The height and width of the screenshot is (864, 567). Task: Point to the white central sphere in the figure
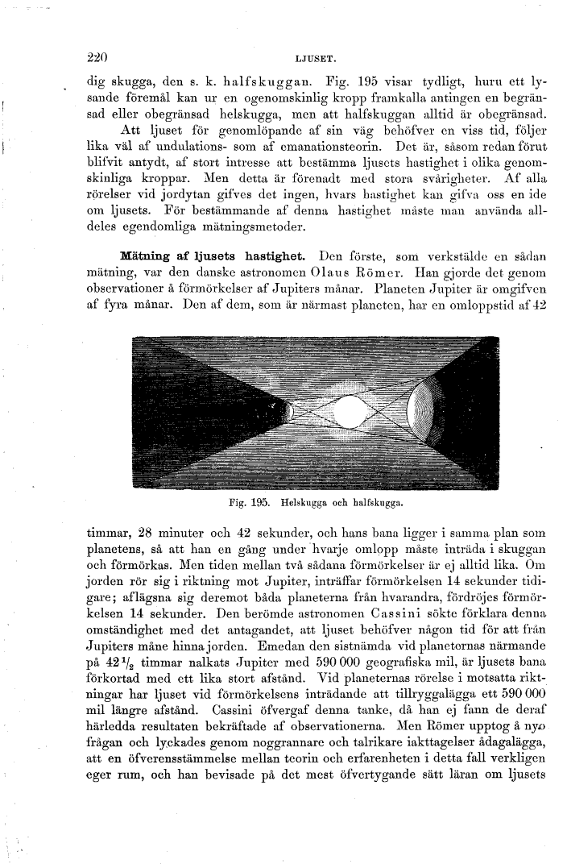(349, 413)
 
